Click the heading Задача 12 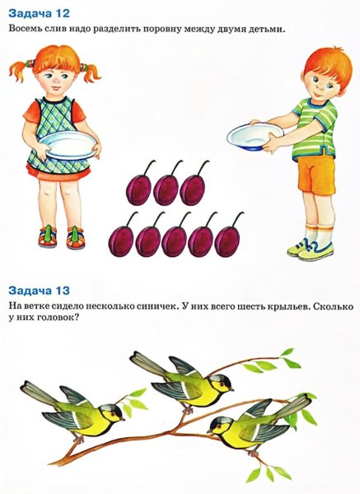point(39,12)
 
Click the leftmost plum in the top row point(137,189)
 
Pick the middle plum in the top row point(166,189)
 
